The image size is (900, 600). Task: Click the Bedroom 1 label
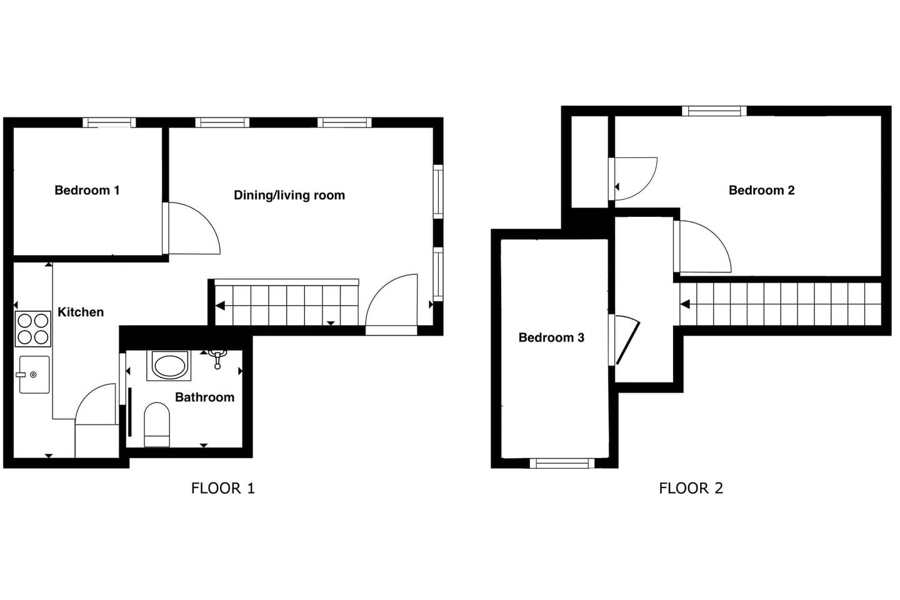tap(87, 190)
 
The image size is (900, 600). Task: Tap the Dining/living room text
tap(289, 195)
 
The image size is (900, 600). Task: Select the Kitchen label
tap(81, 312)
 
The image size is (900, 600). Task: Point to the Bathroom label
tap(205, 397)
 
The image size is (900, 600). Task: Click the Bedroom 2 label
tap(762, 190)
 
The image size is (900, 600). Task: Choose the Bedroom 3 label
tap(551, 337)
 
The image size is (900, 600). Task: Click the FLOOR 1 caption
tap(223, 488)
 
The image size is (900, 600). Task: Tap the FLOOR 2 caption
tap(691, 488)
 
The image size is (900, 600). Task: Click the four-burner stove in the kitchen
tap(33, 329)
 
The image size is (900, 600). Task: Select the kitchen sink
tap(34, 374)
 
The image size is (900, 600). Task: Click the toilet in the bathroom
tap(157, 424)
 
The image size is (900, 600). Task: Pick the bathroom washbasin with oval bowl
tap(169, 366)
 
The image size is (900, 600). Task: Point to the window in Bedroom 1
tap(109, 122)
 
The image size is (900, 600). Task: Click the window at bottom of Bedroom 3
tap(562, 463)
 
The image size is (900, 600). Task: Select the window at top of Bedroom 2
tap(714, 111)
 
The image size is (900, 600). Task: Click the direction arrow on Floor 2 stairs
tap(685, 304)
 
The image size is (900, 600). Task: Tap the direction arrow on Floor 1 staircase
tap(220, 306)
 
